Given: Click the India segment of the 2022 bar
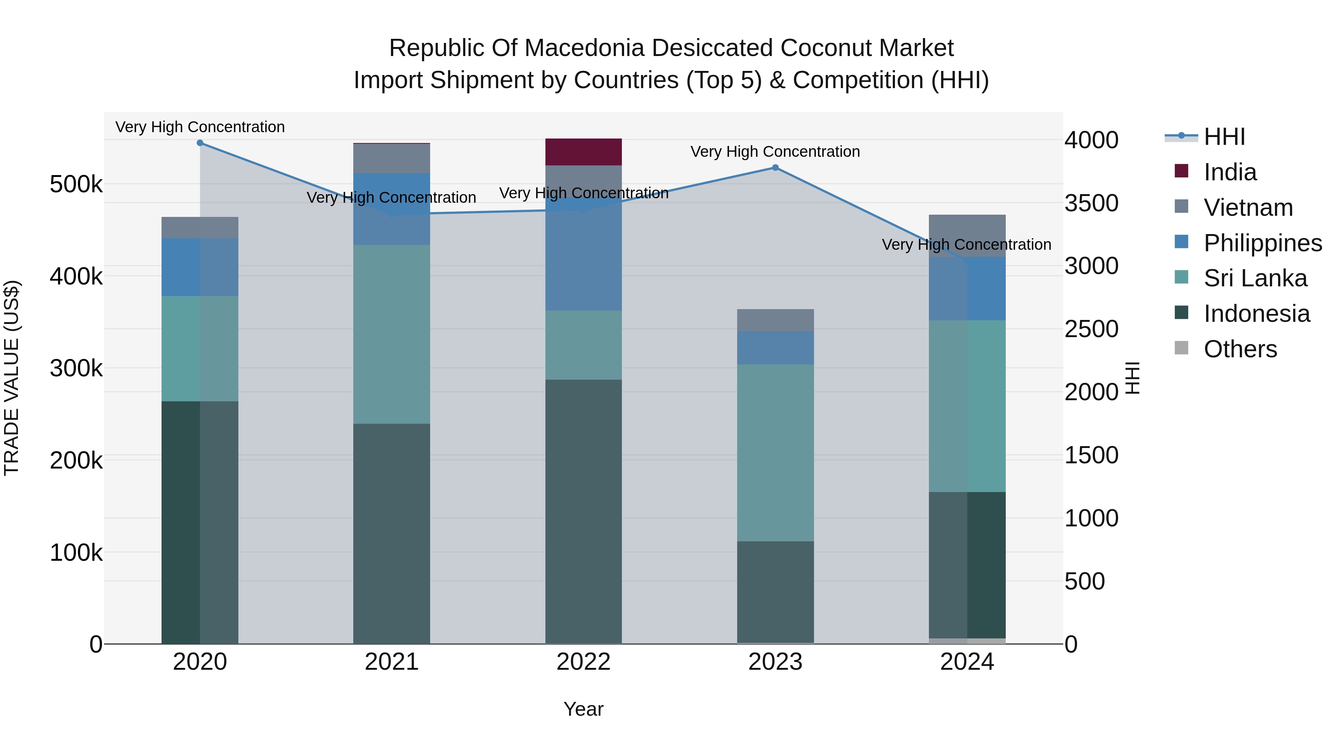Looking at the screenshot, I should pyautogui.click(x=583, y=152).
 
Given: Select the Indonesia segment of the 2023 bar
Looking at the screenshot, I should pyautogui.click(x=775, y=592).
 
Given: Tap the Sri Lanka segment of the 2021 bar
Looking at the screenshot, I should pyautogui.click(x=392, y=334).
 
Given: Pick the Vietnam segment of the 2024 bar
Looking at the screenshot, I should pyautogui.click(x=967, y=235).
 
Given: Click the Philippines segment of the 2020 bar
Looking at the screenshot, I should pyautogui.click(x=200, y=267).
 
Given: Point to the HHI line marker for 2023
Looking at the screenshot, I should pyautogui.click(x=775, y=168).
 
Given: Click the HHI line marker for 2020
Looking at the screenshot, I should pyautogui.click(x=200, y=143).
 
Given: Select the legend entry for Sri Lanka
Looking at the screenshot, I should pyautogui.click(x=1255, y=278).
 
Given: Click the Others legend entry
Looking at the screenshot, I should pyautogui.click(x=1240, y=349).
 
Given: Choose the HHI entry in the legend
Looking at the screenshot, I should pyautogui.click(x=1224, y=137).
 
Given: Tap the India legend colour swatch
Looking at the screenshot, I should pyautogui.click(x=1181, y=171).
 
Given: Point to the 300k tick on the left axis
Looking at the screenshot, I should pyautogui.click(x=76, y=368).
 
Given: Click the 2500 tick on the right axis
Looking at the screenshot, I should pyautogui.click(x=1091, y=329).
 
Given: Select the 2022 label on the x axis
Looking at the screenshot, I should pyautogui.click(x=583, y=662).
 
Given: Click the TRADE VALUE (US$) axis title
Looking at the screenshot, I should pyautogui.click(x=12, y=378).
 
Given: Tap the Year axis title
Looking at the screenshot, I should pyautogui.click(x=583, y=709).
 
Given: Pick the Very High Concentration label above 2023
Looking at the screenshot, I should pyautogui.click(x=775, y=152).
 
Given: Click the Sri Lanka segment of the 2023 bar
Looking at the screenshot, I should pyautogui.click(x=775, y=452).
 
